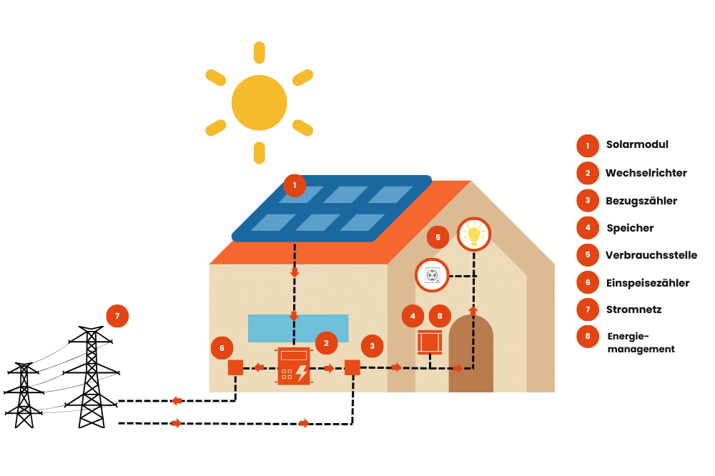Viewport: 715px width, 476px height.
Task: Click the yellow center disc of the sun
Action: pos(259,102)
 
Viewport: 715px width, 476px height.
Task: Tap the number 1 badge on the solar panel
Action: pos(295,185)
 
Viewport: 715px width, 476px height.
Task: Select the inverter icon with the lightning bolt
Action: pos(294,367)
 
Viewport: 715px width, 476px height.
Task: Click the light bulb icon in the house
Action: pos(473,234)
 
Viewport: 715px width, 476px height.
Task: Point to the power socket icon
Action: pos(432,275)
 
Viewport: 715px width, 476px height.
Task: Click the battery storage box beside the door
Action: pos(430,342)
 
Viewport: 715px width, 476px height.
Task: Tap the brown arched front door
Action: pos(470,355)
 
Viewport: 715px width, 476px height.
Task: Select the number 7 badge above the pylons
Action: pos(117,316)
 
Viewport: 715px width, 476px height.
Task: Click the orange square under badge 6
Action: pos(235,367)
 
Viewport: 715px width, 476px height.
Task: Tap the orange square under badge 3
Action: pos(352,367)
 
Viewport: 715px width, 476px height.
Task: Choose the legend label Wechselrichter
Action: pos(646,173)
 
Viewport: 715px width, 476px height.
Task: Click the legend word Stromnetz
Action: pos(633,309)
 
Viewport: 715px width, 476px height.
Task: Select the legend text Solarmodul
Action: pos(636,144)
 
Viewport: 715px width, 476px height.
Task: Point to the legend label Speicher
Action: pos(630,228)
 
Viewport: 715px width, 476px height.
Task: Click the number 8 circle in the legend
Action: pos(588,336)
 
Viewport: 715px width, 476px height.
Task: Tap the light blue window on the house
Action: pos(298,328)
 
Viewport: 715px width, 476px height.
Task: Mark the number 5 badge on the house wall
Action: pos(438,237)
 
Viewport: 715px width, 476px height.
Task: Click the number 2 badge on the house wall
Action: pos(326,343)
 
